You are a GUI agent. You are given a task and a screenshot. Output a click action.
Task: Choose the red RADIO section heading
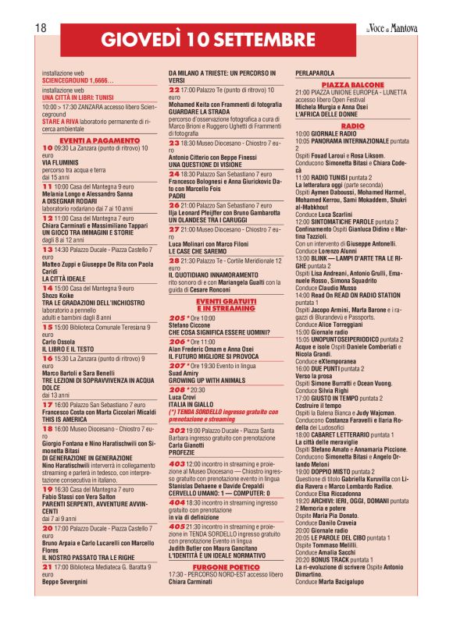click(x=353, y=125)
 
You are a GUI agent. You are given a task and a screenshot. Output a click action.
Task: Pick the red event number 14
click(x=48, y=310)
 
